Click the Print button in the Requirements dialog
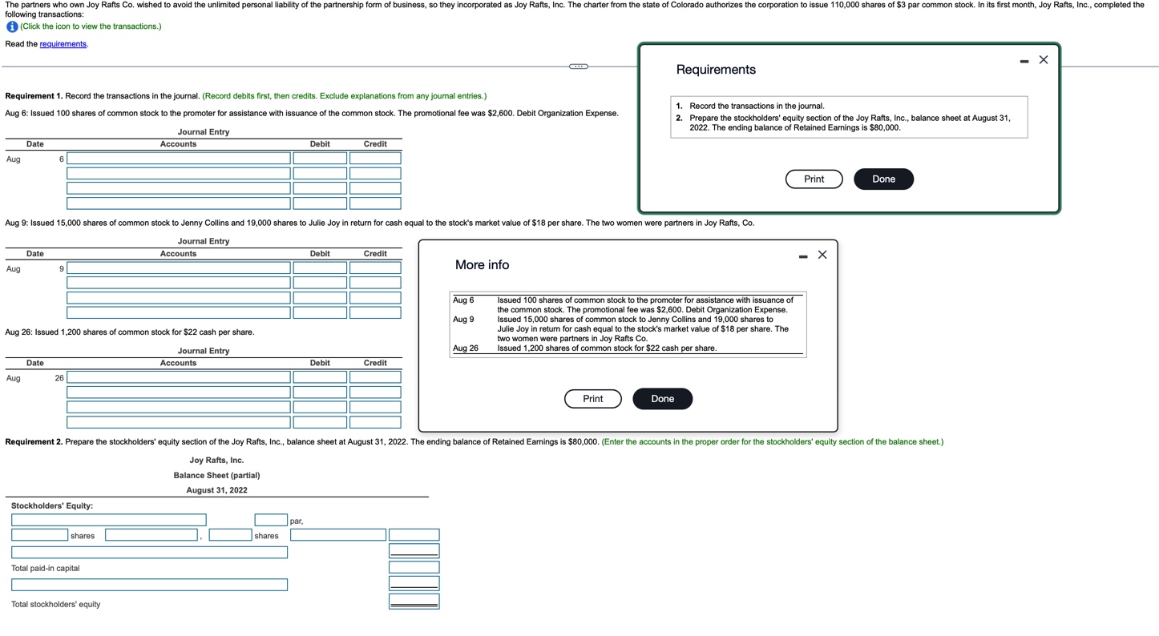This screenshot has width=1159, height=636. click(x=814, y=179)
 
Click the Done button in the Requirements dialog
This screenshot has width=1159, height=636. click(x=883, y=179)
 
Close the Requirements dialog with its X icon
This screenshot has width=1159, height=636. click(x=1043, y=60)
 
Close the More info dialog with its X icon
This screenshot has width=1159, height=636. click(x=822, y=256)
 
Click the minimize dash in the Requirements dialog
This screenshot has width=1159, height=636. click(x=1024, y=61)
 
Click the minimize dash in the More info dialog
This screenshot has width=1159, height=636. click(x=802, y=256)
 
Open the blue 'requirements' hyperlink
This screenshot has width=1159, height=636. click(x=63, y=44)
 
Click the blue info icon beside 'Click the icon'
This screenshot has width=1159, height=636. click(x=12, y=26)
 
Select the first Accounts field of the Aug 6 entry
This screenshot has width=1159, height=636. click(x=179, y=159)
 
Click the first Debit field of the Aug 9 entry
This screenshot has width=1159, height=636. click(x=319, y=268)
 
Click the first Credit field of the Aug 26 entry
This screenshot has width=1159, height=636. click(x=375, y=377)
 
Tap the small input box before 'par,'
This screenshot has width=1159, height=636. click(x=271, y=521)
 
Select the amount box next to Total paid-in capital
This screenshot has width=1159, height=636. click(x=414, y=568)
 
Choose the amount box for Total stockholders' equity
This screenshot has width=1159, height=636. click(x=414, y=602)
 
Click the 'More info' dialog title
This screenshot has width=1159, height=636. click(x=482, y=265)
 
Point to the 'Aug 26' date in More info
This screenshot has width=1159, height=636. click(x=465, y=348)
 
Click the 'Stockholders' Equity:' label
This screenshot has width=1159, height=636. click(x=52, y=506)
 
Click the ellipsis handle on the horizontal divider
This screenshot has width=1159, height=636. click(x=578, y=66)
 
